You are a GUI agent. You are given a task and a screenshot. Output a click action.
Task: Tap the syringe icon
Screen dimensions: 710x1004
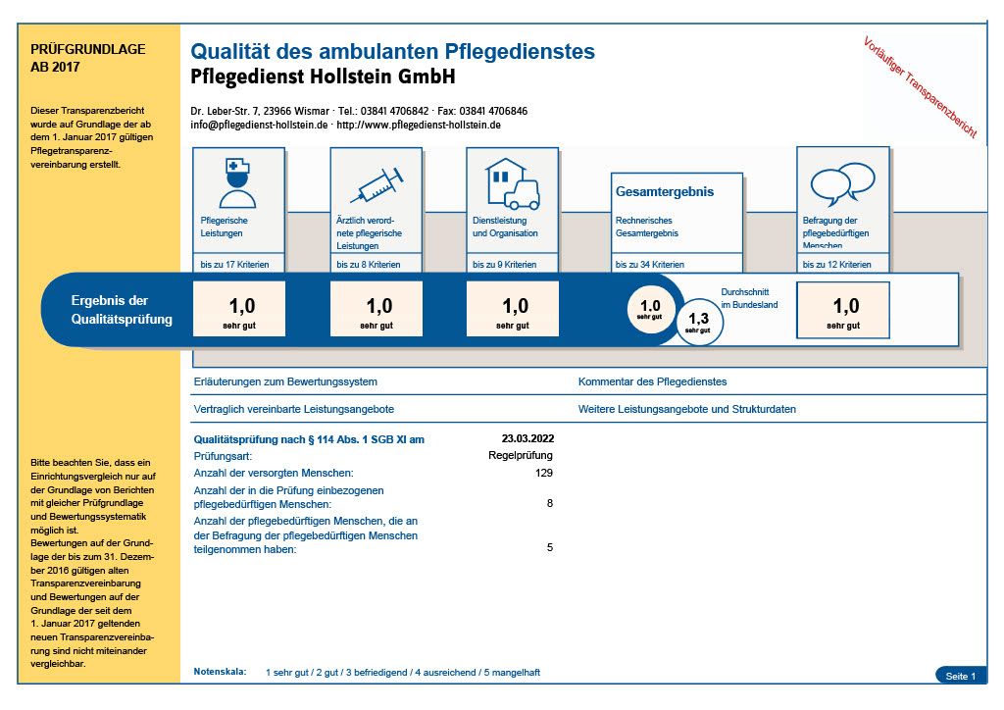click(376, 183)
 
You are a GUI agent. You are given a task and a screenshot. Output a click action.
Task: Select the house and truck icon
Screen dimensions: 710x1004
click(512, 183)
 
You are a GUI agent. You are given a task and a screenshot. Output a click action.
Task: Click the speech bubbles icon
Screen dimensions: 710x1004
click(842, 183)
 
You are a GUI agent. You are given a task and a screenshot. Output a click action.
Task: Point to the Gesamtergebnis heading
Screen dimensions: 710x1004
click(665, 192)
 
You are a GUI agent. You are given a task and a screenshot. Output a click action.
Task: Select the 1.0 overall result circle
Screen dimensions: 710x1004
click(650, 310)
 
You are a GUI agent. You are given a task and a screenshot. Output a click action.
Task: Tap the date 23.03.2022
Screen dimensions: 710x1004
click(527, 439)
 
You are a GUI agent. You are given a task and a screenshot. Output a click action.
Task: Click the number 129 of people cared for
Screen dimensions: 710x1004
click(542, 473)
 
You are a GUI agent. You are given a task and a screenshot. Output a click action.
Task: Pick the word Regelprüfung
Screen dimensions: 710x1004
click(520, 456)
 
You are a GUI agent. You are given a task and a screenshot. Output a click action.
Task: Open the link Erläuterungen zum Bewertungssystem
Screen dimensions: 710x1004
click(285, 381)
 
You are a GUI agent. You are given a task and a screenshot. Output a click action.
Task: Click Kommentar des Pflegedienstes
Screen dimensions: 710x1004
click(652, 381)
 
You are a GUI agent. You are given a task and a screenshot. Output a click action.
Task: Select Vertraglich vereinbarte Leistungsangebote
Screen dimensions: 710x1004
click(294, 409)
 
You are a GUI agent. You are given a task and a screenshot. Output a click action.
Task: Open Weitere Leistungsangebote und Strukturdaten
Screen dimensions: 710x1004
click(686, 409)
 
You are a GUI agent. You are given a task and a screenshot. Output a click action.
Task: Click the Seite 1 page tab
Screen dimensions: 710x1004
click(960, 676)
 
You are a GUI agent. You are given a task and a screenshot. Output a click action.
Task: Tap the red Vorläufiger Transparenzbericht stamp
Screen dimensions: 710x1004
click(920, 87)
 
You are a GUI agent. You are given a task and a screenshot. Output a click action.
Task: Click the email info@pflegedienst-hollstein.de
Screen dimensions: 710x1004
click(259, 126)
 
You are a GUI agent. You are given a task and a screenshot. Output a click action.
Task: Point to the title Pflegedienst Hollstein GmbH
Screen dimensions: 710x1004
click(323, 76)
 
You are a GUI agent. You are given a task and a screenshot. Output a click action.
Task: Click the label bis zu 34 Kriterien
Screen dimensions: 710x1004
click(649, 265)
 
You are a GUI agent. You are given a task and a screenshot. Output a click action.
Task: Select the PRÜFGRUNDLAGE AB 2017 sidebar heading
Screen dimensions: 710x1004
click(88, 58)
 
